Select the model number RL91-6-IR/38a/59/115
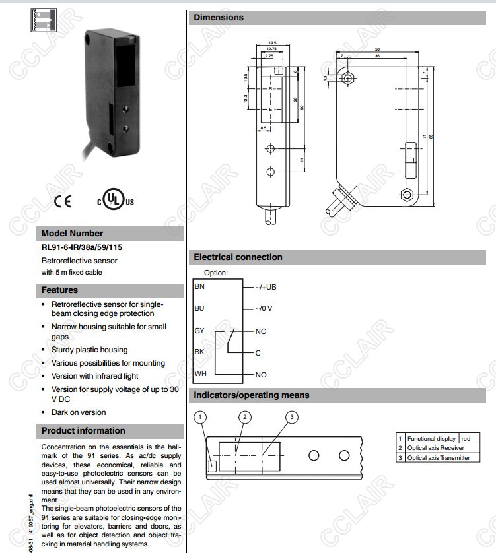click(x=82, y=247)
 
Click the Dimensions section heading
click(x=219, y=18)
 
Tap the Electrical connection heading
click(x=238, y=257)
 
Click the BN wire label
click(x=199, y=287)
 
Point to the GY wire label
click(x=199, y=331)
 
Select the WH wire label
click(x=200, y=374)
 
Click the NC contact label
click(x=261, y=331)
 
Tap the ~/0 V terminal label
click(x=264, y=309)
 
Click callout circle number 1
click(x=201, y=416)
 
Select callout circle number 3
click(x=293, y=416)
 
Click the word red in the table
click(x=466, y=438)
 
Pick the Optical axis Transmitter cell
click(x=439, y=457)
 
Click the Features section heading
click(x=59, y=290)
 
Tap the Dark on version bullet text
click(x=79, y=412)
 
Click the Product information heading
click(x=83, y=431)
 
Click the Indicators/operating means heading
click(x=251, y=395)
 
